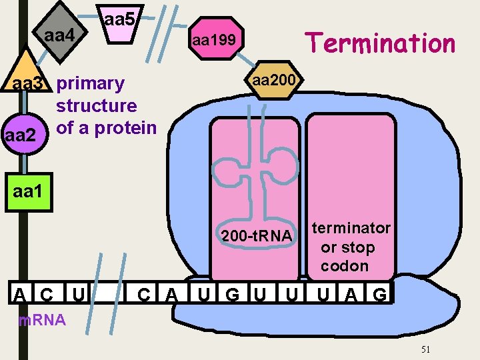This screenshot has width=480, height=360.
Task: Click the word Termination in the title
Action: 379,43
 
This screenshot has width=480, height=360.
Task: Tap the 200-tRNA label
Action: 256,236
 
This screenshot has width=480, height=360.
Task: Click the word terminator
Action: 351,228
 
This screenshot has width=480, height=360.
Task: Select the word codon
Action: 345,266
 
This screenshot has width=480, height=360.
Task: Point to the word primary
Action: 90,83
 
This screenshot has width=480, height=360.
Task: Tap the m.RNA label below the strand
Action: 42,320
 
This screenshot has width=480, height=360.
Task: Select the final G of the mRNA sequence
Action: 379,294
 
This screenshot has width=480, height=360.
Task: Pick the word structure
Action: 97,105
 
